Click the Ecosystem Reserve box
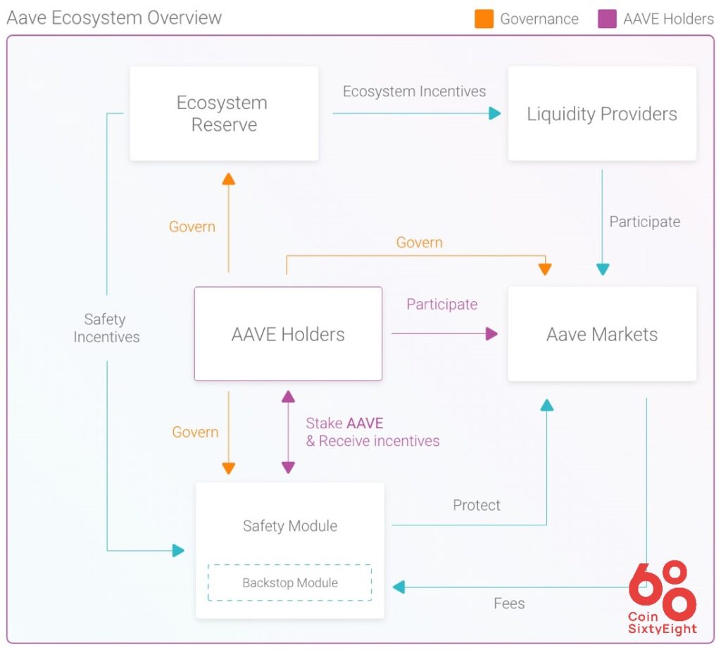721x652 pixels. pos(224,113)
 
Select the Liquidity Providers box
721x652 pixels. pos(602,113)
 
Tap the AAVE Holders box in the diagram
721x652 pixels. pos(288,334)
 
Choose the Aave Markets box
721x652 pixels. pos(602,334)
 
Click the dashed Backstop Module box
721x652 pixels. pos(289,582)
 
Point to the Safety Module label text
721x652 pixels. pos(289,525)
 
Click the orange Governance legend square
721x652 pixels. pos(484,19)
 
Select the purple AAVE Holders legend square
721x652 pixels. pos(607,19)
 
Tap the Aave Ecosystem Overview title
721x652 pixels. pos(114,18)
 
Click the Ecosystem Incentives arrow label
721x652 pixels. pos(414,91)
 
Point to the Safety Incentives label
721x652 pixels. pos(106,328)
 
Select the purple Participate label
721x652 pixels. pos(441,304)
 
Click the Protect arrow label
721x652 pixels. pos(476,505)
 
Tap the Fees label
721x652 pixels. pos(508,603)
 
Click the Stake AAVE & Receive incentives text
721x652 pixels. pos(372,432)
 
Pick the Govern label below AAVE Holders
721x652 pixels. pos(195,432)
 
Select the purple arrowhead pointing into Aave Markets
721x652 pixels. pos(491,334)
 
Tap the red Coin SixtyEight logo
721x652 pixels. pos(662,598)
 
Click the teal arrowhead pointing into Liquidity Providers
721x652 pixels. pos(495,113)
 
